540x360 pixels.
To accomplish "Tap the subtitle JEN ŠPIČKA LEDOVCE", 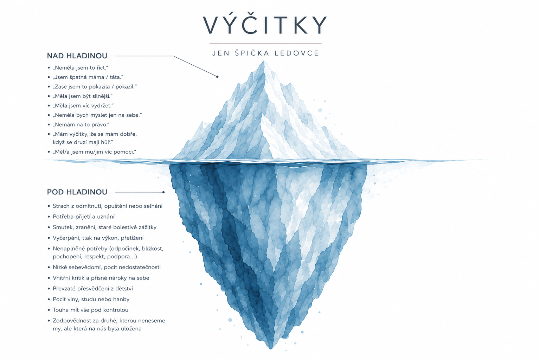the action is click(x=266, y=53).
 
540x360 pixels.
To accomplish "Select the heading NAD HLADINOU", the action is click(x=77, y=56).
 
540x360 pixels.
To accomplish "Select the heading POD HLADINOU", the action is click(x=77, y=192).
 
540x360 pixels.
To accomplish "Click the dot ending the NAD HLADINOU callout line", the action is click(x=217, y=77).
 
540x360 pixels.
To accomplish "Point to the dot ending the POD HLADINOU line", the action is click(x=163, y=192).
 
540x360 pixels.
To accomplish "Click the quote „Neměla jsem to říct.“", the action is click(x=81, y=68).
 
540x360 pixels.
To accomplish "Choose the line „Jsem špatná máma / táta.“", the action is click(x=88, y=77).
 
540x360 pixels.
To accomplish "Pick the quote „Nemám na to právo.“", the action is click(x=81, y=125).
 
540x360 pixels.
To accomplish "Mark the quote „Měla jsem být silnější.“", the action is click(x=83, y=96).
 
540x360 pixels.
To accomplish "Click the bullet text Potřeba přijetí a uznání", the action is click(x=84, y=217).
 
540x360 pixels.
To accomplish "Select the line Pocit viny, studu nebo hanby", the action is click(x=91, y=300).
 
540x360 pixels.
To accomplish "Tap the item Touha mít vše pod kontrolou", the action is click(x=91, y=310).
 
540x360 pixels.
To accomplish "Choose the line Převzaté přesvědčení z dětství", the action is click(x=93, y=289).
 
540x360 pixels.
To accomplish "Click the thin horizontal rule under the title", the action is click(x=265, y=44).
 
